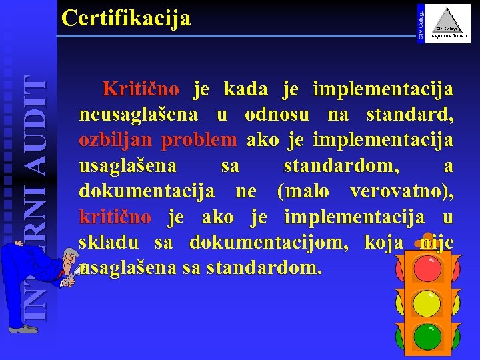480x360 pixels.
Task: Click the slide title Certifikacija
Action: [x=125, y=18]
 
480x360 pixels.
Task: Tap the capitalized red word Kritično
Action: [x=141, y=89]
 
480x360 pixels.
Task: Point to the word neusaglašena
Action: [x=138, y=115]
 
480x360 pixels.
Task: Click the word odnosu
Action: [x=277, y=115]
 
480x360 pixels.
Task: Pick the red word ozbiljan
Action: [x=116, y=141]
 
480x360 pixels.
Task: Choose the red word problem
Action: [x=199, y=141]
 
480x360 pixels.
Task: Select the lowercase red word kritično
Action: [x=115, y=218]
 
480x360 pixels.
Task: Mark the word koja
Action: [x=384, y=243]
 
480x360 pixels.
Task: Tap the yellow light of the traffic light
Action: [x=427, y=304]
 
